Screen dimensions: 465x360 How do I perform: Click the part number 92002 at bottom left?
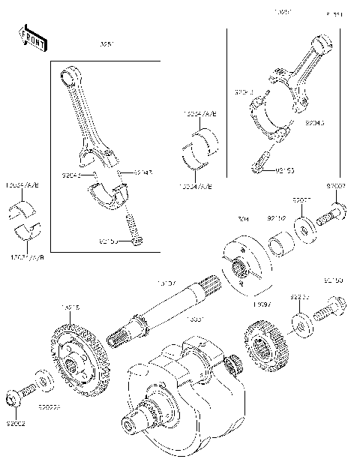pos(16,424)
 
